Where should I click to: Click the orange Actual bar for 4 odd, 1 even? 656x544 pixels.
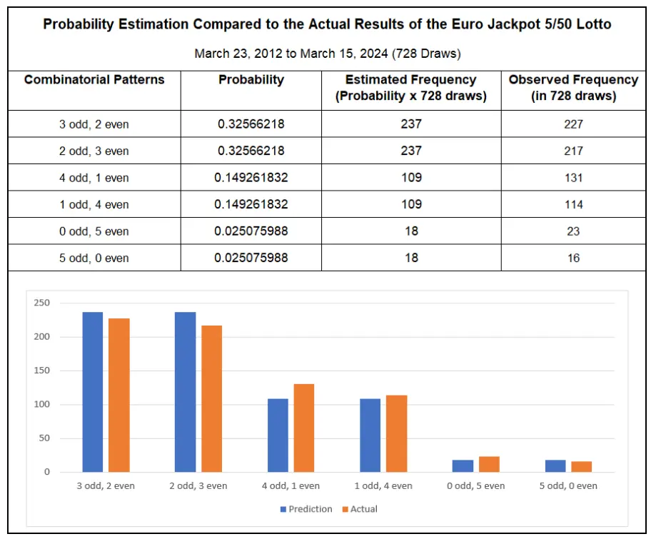tap(304, 428)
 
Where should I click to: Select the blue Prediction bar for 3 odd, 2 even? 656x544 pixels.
tap(93, 392)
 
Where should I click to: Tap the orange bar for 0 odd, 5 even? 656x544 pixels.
tap(489, 464)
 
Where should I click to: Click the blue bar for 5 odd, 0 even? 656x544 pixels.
tap(555, 465)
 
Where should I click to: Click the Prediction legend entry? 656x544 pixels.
tap(306, 509)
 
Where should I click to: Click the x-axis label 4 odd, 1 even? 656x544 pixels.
tap(291, 485)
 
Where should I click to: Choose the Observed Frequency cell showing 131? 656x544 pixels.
tap(573, 178)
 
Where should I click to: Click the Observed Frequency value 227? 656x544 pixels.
tap(573, 124)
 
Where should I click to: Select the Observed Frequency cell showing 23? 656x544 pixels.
tap(573, 231)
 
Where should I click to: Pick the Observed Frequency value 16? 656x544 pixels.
tap(573, 258)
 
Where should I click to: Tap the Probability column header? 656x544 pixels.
tap(251, 80)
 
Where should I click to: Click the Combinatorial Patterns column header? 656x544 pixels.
tap(94, 80)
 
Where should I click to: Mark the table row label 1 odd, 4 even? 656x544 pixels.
tap(94, 205)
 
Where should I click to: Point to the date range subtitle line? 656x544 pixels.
tap(327, 54)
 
